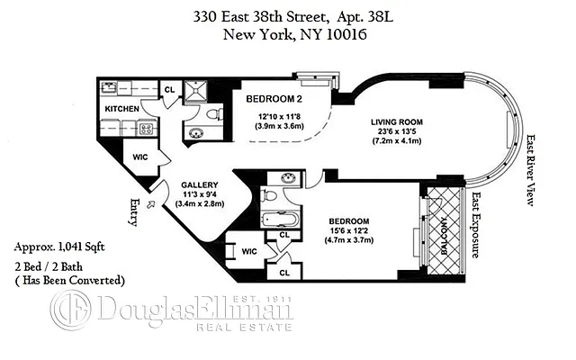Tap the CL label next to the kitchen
point(168,89)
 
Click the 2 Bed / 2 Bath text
point(56,267)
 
